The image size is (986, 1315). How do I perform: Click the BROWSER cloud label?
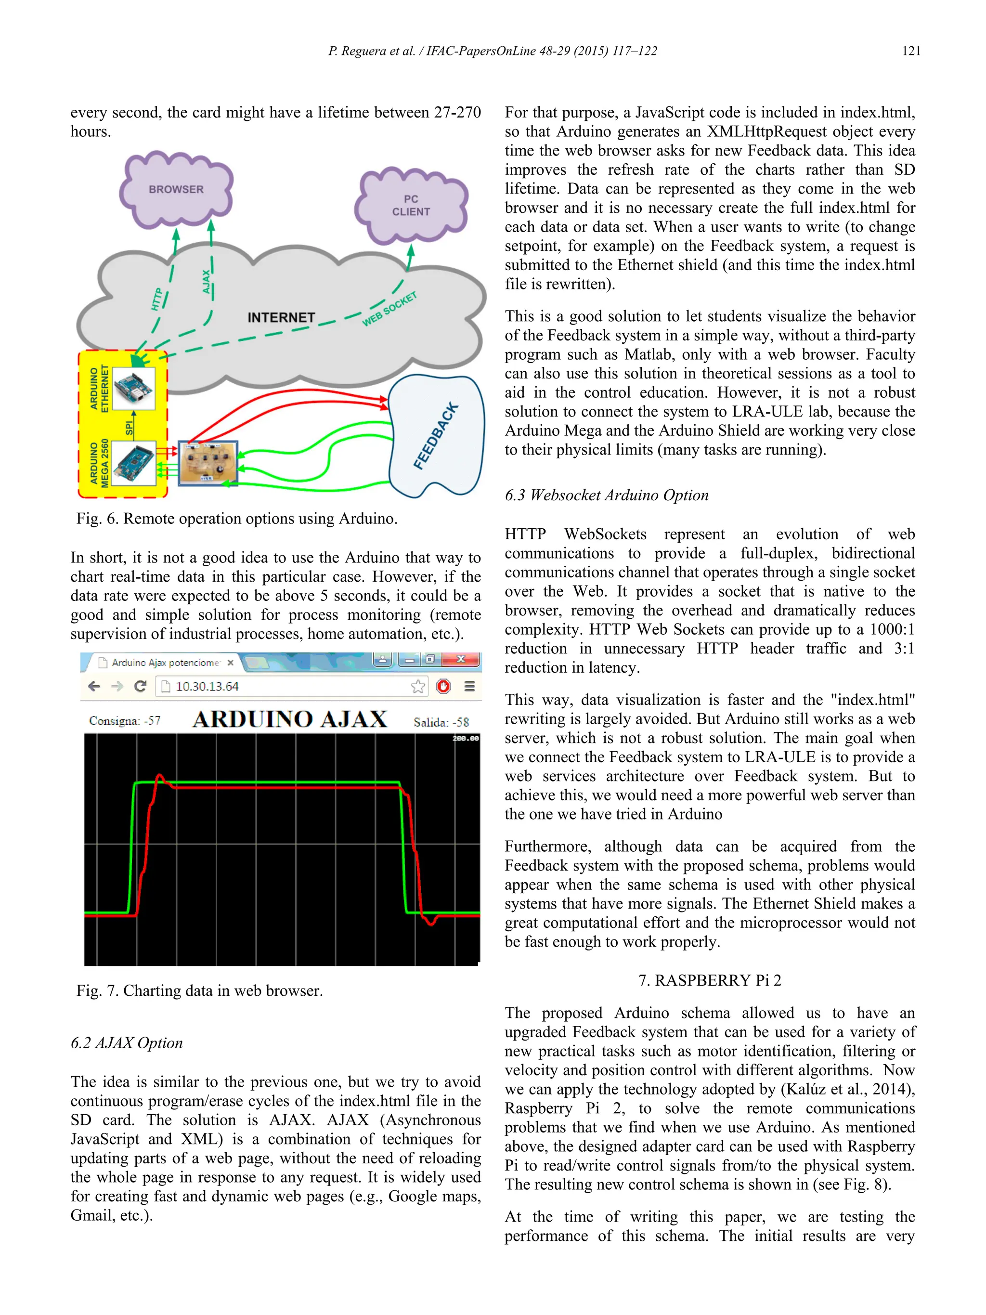pos(176,189)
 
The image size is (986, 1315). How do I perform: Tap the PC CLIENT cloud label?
pos(411,205)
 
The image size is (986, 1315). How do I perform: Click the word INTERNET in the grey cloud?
pos(281,317)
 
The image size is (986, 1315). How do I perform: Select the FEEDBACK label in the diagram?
pos(436,436)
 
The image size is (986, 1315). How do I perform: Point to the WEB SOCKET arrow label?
pos(389,309)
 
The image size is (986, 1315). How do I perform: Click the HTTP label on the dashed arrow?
pos(156,299)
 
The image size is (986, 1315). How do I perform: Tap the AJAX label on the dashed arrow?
pos(206,281)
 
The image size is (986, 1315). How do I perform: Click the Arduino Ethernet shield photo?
pos(133,388)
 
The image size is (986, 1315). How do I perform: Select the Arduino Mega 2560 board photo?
pos(133,463)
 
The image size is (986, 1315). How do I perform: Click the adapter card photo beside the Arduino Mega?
pos(208,463)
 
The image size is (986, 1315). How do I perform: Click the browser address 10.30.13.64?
pos(207,686)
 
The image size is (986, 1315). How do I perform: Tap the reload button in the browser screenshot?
pos(140,686)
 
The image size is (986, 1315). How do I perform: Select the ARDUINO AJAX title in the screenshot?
pos(289,719)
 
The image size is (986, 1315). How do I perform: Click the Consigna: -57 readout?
pos(125,720)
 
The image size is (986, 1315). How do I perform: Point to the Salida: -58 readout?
pos(441,722)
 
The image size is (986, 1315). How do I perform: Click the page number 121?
pos(910,51)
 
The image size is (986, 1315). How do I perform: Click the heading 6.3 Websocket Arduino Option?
pos(606,495)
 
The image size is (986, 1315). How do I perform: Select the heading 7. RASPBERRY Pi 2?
pos(710,980)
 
